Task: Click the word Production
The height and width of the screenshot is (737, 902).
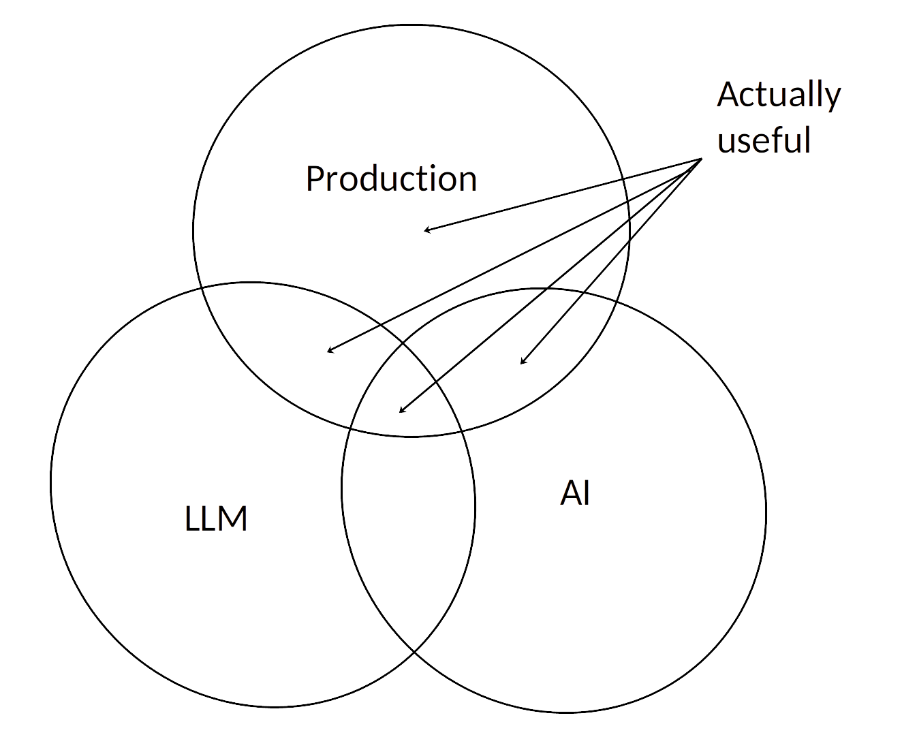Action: point(391,179)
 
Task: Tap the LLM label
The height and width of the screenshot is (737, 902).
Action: point(216,519)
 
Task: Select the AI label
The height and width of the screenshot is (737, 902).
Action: point(575,493)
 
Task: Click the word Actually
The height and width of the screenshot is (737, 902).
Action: point(779,95)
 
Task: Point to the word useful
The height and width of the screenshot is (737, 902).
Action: point(764,140)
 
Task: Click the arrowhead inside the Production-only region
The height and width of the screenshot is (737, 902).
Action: point(425,231)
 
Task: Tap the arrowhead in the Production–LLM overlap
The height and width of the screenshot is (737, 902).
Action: point(328,351)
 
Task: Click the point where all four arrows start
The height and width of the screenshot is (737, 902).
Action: point(702,159)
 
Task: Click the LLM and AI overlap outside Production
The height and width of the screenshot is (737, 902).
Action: point(409,531)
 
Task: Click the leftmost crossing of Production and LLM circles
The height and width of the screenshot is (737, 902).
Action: point(201,289)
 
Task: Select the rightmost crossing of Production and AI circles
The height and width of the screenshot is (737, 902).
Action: point(619,303)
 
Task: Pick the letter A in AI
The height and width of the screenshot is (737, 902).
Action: point(570,493)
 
